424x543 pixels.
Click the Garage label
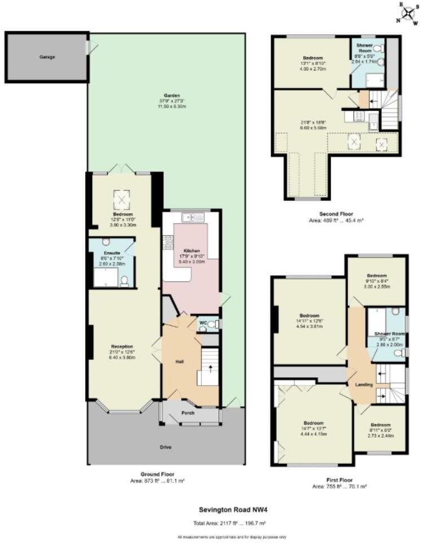pos(47,57)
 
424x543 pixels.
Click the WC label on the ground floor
pos(202,323)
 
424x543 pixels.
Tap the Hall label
pos(180,361)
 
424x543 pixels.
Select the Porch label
pos(187,413)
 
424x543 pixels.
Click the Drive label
pos(165,447)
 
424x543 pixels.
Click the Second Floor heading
pos(335,214)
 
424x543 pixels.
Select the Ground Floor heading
pos(157,474)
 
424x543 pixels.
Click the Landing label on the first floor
pos(363,385)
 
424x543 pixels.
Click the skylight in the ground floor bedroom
pos(122,199)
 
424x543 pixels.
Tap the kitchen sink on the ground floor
pos(191,217)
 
